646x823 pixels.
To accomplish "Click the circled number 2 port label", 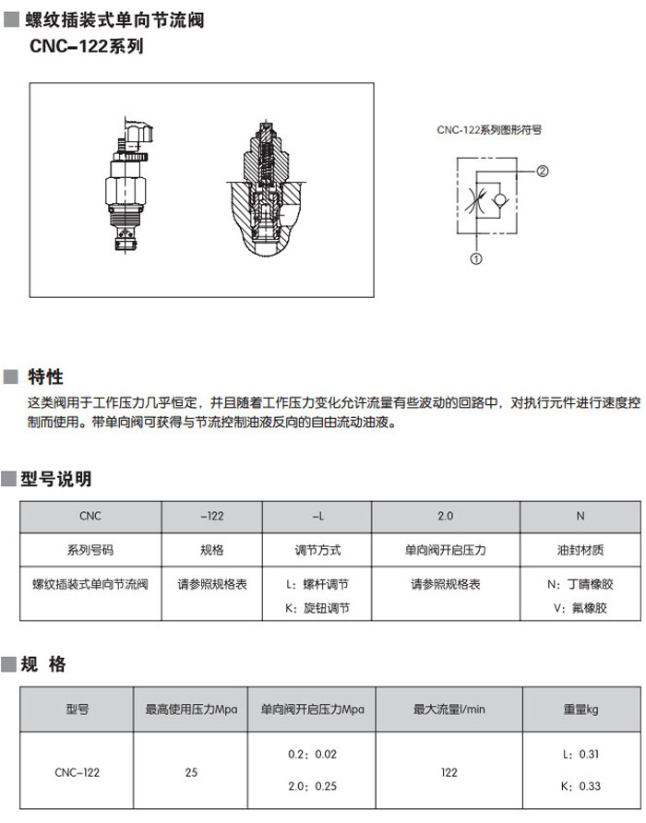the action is click(542, 171).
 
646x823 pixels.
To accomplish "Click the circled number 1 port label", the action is click(476, 258).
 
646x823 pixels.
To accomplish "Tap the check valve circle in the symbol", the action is click(500, 200).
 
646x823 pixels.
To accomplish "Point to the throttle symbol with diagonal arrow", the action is click(476, 200).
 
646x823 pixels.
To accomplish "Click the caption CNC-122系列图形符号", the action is click(489, 130).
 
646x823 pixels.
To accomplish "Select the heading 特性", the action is click(46, 376).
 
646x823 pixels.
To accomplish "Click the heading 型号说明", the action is click(56, 478).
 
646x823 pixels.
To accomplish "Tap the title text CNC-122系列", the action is click(87, 46).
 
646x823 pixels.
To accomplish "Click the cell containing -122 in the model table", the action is click(212, 517).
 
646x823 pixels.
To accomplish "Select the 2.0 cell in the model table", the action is click(446, 517).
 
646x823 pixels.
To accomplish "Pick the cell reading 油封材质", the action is click(580, 550).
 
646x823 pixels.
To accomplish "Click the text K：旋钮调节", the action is click(317, 608).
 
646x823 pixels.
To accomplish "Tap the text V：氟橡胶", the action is click(580, 608).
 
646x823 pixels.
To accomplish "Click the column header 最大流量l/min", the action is click(449, 710).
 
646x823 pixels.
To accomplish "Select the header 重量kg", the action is click(580, 710).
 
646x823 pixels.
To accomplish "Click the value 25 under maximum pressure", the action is click(191, 772).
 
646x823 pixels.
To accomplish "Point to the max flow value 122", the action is click(449, 772).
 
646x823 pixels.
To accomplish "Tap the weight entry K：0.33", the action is click(580, 786).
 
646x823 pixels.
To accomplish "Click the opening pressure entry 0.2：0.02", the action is click(313, 754).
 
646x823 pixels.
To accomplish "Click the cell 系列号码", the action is click(90, 550).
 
